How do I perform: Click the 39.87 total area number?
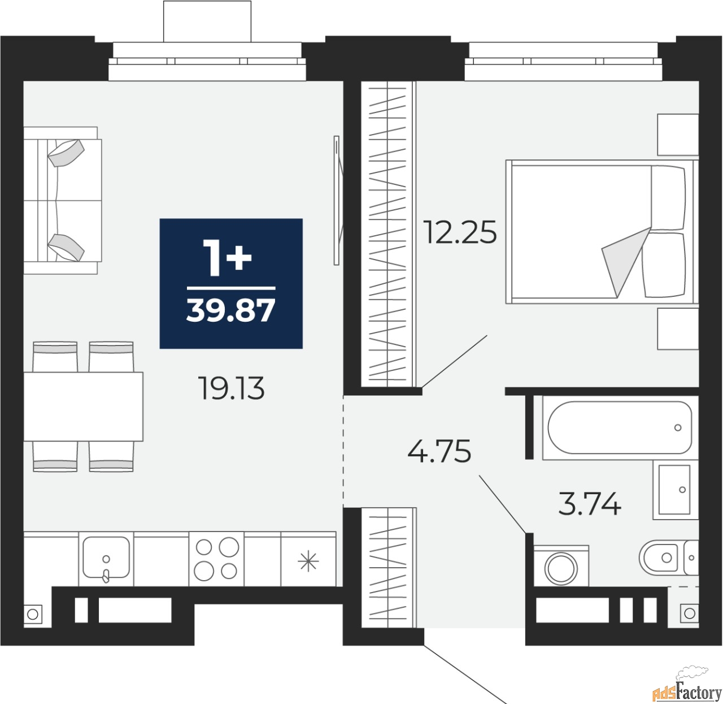pyautogui.click(x=230, y=310)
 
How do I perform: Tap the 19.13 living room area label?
pyautogui.click(x=232, y=388)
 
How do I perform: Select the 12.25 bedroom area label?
pyautogui.click(x=460, y=232)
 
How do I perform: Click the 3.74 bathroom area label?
pyautogui.click(x=590, y=504)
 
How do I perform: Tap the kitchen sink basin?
pyautogui.click(x=106, y=558)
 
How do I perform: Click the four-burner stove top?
pyautogui.click(x=216, y=559)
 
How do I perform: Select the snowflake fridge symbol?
pyautogui.click(x=308, y=562)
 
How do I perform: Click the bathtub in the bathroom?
pyautogui.click(x=620, y=427)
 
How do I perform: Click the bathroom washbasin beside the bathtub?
pyautogui.click(x=674, y=490)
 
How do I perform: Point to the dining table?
pyautogui.click(x=83, y=407)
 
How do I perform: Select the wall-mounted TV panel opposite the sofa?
pyautogui.click(x=337, y=200)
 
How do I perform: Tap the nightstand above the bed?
pyautogui.click(x=678, y=135)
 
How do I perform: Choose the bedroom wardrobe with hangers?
pyautogui.click(x=389, y=234)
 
